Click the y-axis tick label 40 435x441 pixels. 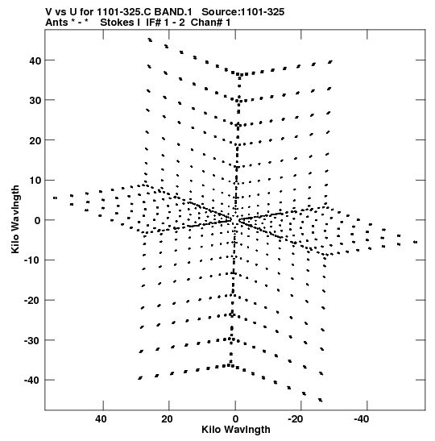(35, 60)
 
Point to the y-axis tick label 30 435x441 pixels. (35, 101)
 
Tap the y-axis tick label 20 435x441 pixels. (35, 140)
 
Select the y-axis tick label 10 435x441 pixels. (35, 181)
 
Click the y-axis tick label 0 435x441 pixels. (38, 221)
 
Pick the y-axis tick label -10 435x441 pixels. (32, 260)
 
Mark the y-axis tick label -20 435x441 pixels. (32, 301)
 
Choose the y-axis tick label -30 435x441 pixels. (32, 340)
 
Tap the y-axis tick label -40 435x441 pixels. (32, 381)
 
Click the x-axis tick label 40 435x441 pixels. (101, 419)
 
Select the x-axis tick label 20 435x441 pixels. (167, 419)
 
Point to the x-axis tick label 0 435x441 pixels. (235, 419)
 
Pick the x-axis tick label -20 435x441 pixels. (296, 419)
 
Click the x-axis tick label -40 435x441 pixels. (362, 419)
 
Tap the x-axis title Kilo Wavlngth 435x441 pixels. (236, 430)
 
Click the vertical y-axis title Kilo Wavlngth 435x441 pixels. (15, 219)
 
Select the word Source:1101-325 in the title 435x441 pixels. (243, 12)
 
